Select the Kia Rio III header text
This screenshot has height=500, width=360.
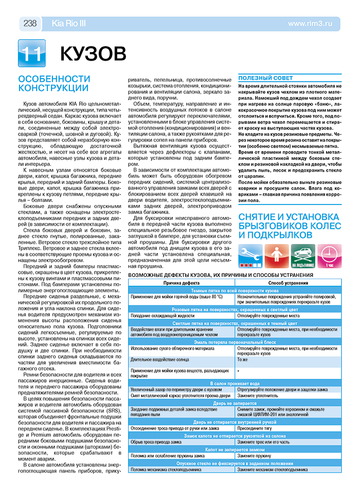69,23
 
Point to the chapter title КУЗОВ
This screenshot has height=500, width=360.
92,53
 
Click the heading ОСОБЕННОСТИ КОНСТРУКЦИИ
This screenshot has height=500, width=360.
54,83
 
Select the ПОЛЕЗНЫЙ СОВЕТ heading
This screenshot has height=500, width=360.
265,78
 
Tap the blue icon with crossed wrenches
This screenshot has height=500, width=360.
250,255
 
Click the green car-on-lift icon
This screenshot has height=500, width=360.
303,255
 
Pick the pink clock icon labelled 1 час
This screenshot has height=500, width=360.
329,255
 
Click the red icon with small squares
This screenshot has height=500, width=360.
277,255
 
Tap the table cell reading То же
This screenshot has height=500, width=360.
243,360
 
